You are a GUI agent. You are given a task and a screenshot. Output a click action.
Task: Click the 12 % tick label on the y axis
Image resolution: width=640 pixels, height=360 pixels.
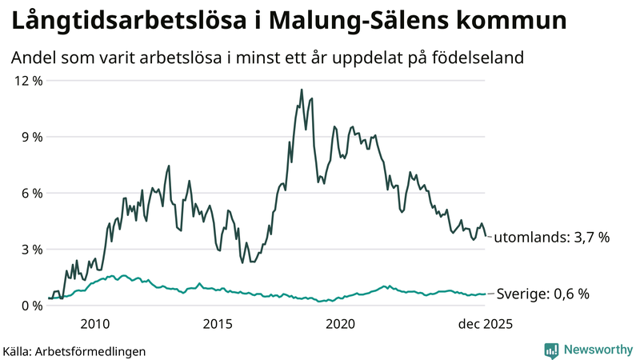point(26,81)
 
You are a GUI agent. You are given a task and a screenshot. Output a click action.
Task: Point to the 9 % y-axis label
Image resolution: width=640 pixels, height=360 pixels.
point(30,137)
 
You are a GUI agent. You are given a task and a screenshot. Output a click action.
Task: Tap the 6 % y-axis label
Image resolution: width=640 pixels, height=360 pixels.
point(30,193)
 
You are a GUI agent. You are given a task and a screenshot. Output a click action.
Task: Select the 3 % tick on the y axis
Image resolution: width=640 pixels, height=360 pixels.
point(30,249)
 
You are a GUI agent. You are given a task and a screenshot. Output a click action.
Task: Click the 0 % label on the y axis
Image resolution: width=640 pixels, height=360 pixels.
point(30,305)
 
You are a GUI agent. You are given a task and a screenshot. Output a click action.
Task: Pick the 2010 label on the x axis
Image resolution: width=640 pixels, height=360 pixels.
point(94,324)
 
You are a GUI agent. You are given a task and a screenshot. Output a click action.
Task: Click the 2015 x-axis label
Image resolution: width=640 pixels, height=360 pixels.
point(218,324)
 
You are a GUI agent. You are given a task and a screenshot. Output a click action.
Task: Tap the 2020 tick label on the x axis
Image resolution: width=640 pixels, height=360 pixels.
point(341,324)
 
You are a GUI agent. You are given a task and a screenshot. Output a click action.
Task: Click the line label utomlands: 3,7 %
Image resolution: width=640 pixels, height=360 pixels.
point(552,238)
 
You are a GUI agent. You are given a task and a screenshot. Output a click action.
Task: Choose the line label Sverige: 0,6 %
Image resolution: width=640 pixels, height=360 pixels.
point(543,294)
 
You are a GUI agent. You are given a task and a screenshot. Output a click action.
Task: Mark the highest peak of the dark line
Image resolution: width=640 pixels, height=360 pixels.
point(302,90)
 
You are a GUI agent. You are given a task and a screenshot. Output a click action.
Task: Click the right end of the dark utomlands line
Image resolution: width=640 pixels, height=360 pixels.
point(486,235)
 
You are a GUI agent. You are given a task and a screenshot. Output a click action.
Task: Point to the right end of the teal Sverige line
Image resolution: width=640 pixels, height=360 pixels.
point(486,294)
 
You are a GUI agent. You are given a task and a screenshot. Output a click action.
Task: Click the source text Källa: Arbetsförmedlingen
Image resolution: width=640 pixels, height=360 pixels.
point(74,350)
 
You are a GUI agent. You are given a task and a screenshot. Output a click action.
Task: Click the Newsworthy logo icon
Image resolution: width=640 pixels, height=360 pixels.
point(551,350)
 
